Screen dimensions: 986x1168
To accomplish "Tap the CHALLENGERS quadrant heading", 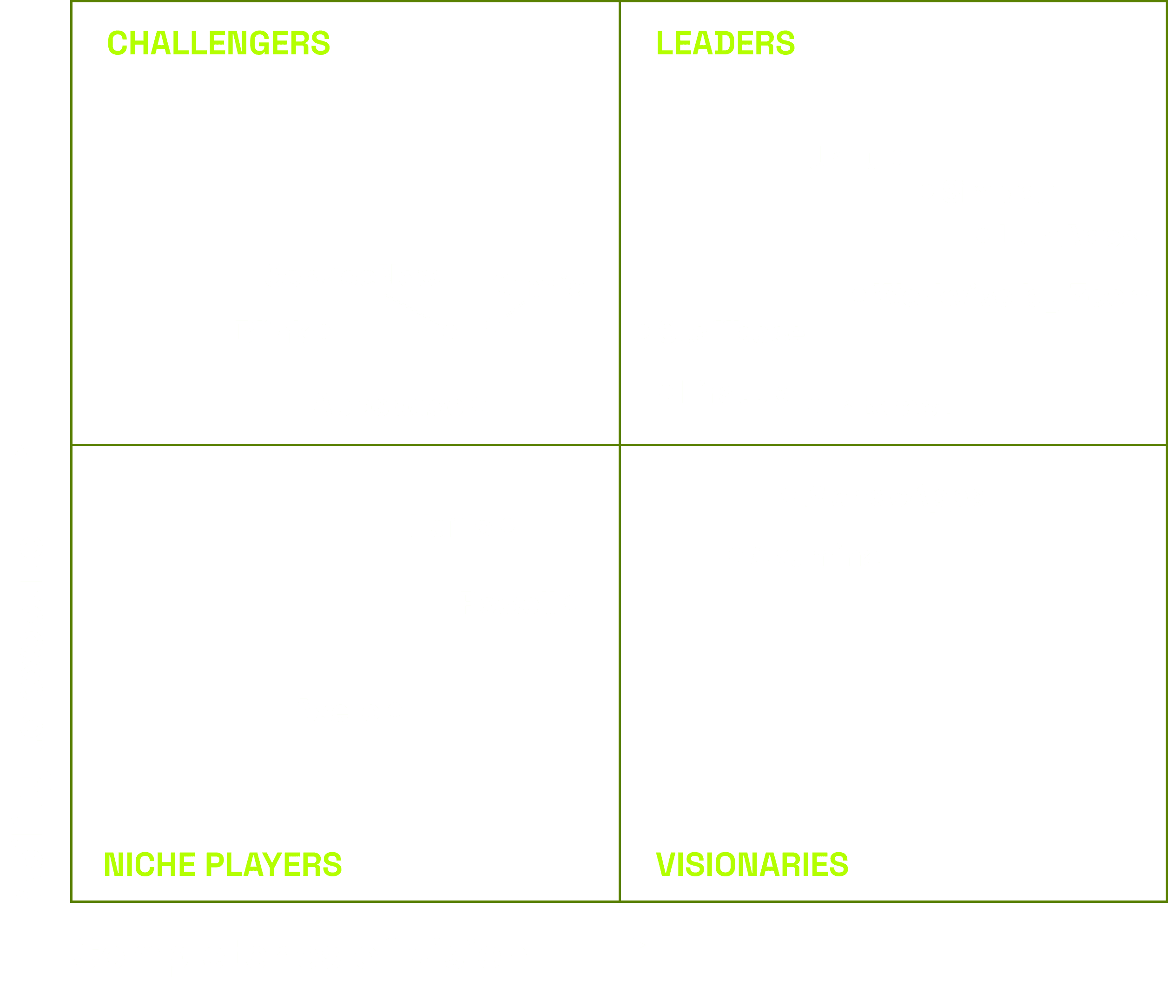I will (x=218, y=43).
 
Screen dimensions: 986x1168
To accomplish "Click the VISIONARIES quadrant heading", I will (x=752, y=864).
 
